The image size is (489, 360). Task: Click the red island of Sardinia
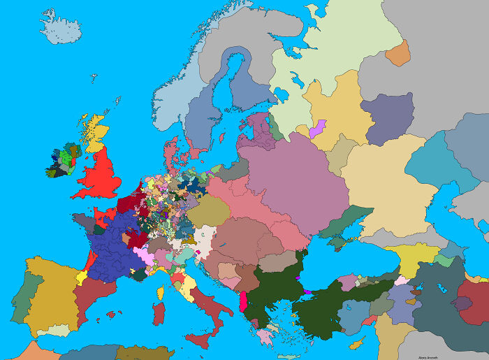[159, 315]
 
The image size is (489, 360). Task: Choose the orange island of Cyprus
[356, 343]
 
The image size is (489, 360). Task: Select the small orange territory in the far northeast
[397, 53]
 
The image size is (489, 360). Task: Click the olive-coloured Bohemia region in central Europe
[208, 210]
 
